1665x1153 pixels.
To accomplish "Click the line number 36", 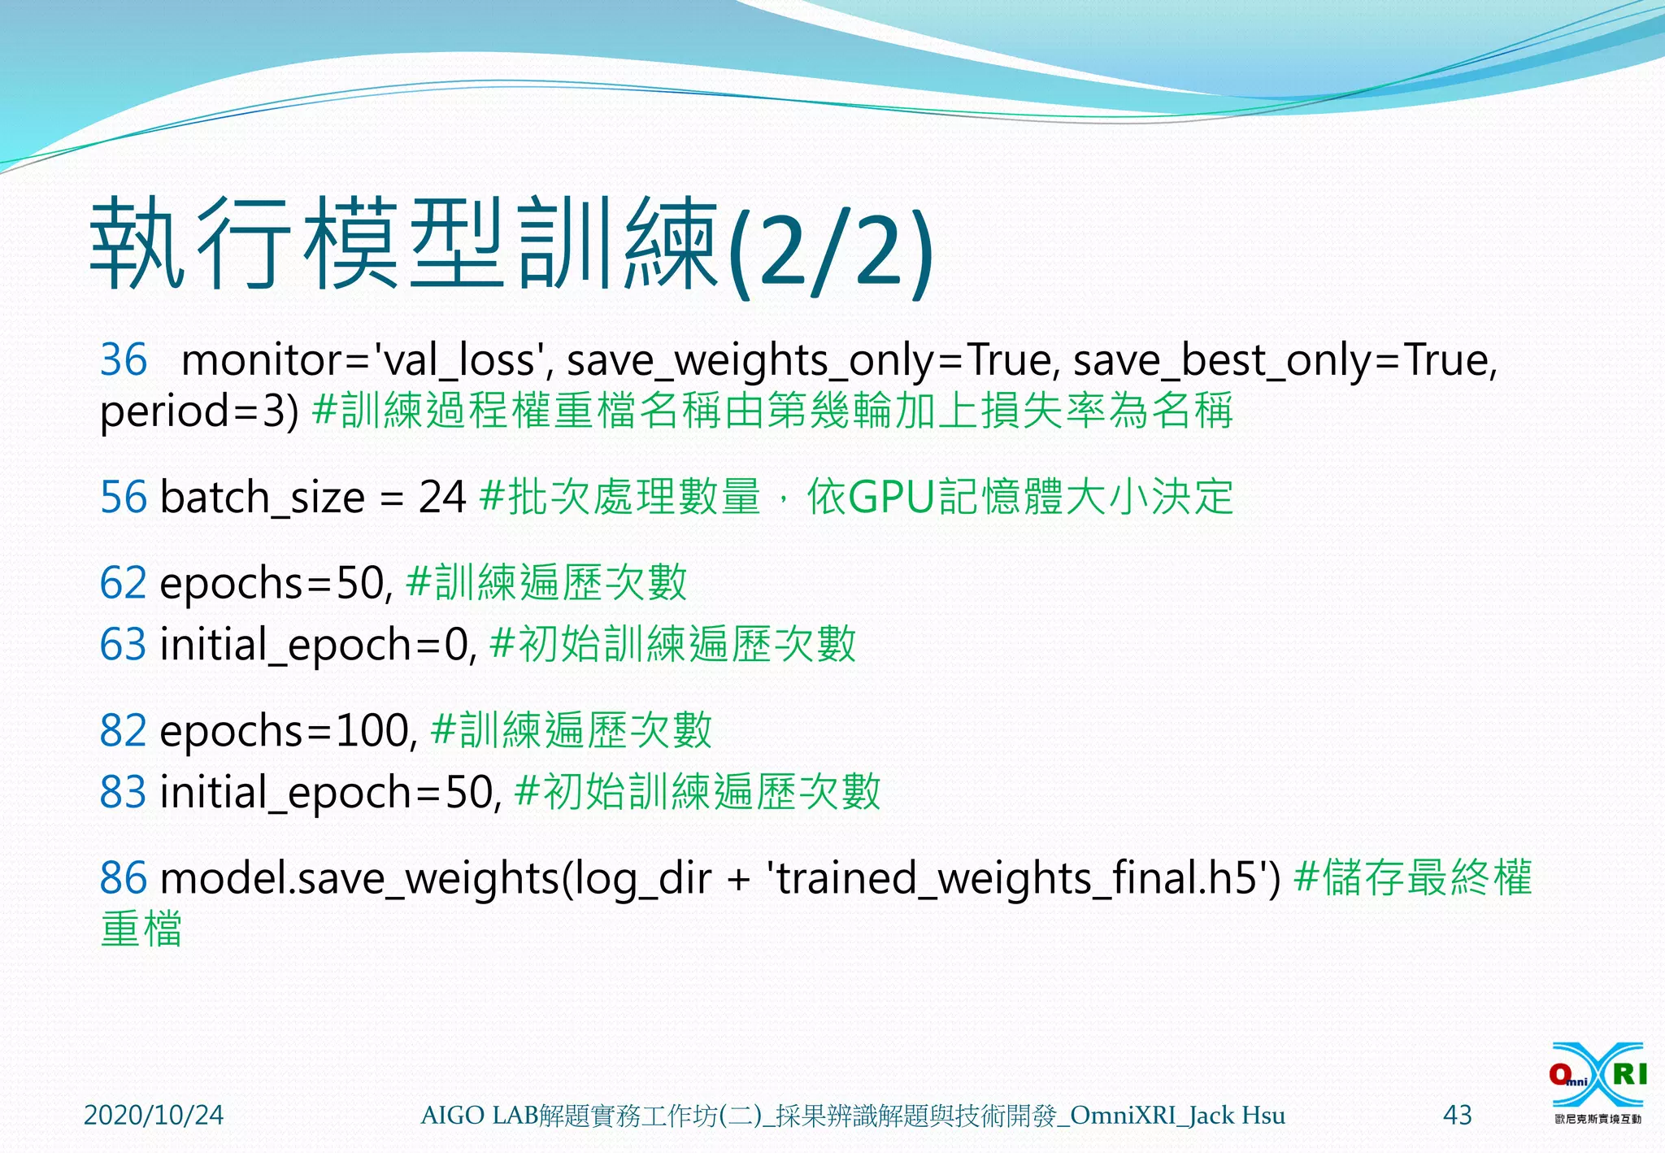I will click(x=124, y=359).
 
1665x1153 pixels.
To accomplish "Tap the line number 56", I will click(x=124, y=497).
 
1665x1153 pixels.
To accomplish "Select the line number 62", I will click(x=124, y=583).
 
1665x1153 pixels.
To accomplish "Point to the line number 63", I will click(x=124, y=645).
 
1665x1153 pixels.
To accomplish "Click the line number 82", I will click(x=124, y=730).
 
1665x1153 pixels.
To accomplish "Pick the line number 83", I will click(x=124, y=792).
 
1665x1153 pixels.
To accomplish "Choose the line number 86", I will click(x=124, y=878).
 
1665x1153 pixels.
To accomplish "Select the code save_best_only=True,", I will click(x=1285, y=360).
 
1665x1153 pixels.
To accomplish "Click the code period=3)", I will click(x=199, y=411).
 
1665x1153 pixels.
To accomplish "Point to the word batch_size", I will click(x=263, y=498).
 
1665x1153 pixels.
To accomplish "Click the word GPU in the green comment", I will click(x=891, y=497).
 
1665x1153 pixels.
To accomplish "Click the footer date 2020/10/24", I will click(x=154, y=1115).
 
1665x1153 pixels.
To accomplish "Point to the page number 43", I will click(x=1457, y=1115).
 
